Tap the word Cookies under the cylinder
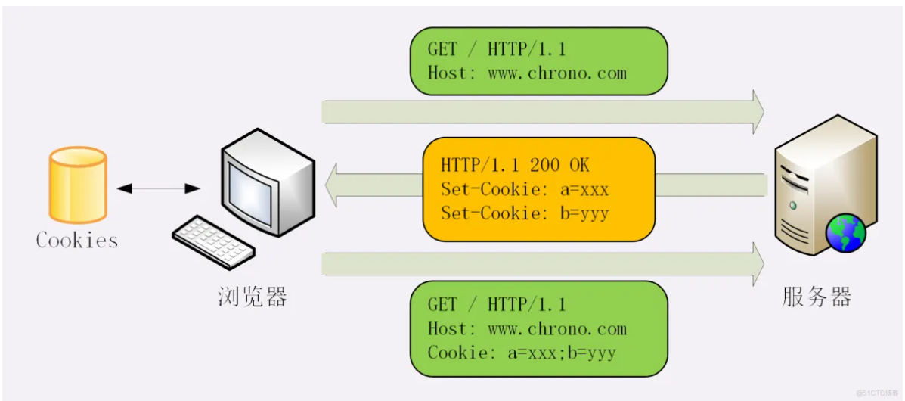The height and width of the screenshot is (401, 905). click(77, 241)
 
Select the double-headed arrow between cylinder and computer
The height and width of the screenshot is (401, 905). click(159, 188)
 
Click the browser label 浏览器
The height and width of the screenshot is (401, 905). click(253, 297)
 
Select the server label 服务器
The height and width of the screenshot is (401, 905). click(817, 297)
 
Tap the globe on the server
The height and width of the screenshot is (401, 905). click(847, 234)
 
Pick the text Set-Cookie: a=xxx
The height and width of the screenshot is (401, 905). click(525, 189)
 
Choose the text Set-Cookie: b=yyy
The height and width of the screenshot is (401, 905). click(525, 213)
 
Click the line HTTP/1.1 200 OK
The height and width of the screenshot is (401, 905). click(515, 165)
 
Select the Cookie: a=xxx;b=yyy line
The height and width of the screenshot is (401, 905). click(522, 353)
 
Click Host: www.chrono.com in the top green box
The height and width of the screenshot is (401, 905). click(527, 73)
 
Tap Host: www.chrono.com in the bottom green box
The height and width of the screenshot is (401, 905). click(527, 329)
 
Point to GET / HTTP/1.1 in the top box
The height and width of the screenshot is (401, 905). click(497, 50)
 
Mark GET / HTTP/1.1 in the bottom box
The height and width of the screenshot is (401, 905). click(497, 305)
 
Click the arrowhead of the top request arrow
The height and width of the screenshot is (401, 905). click(758, 112)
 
